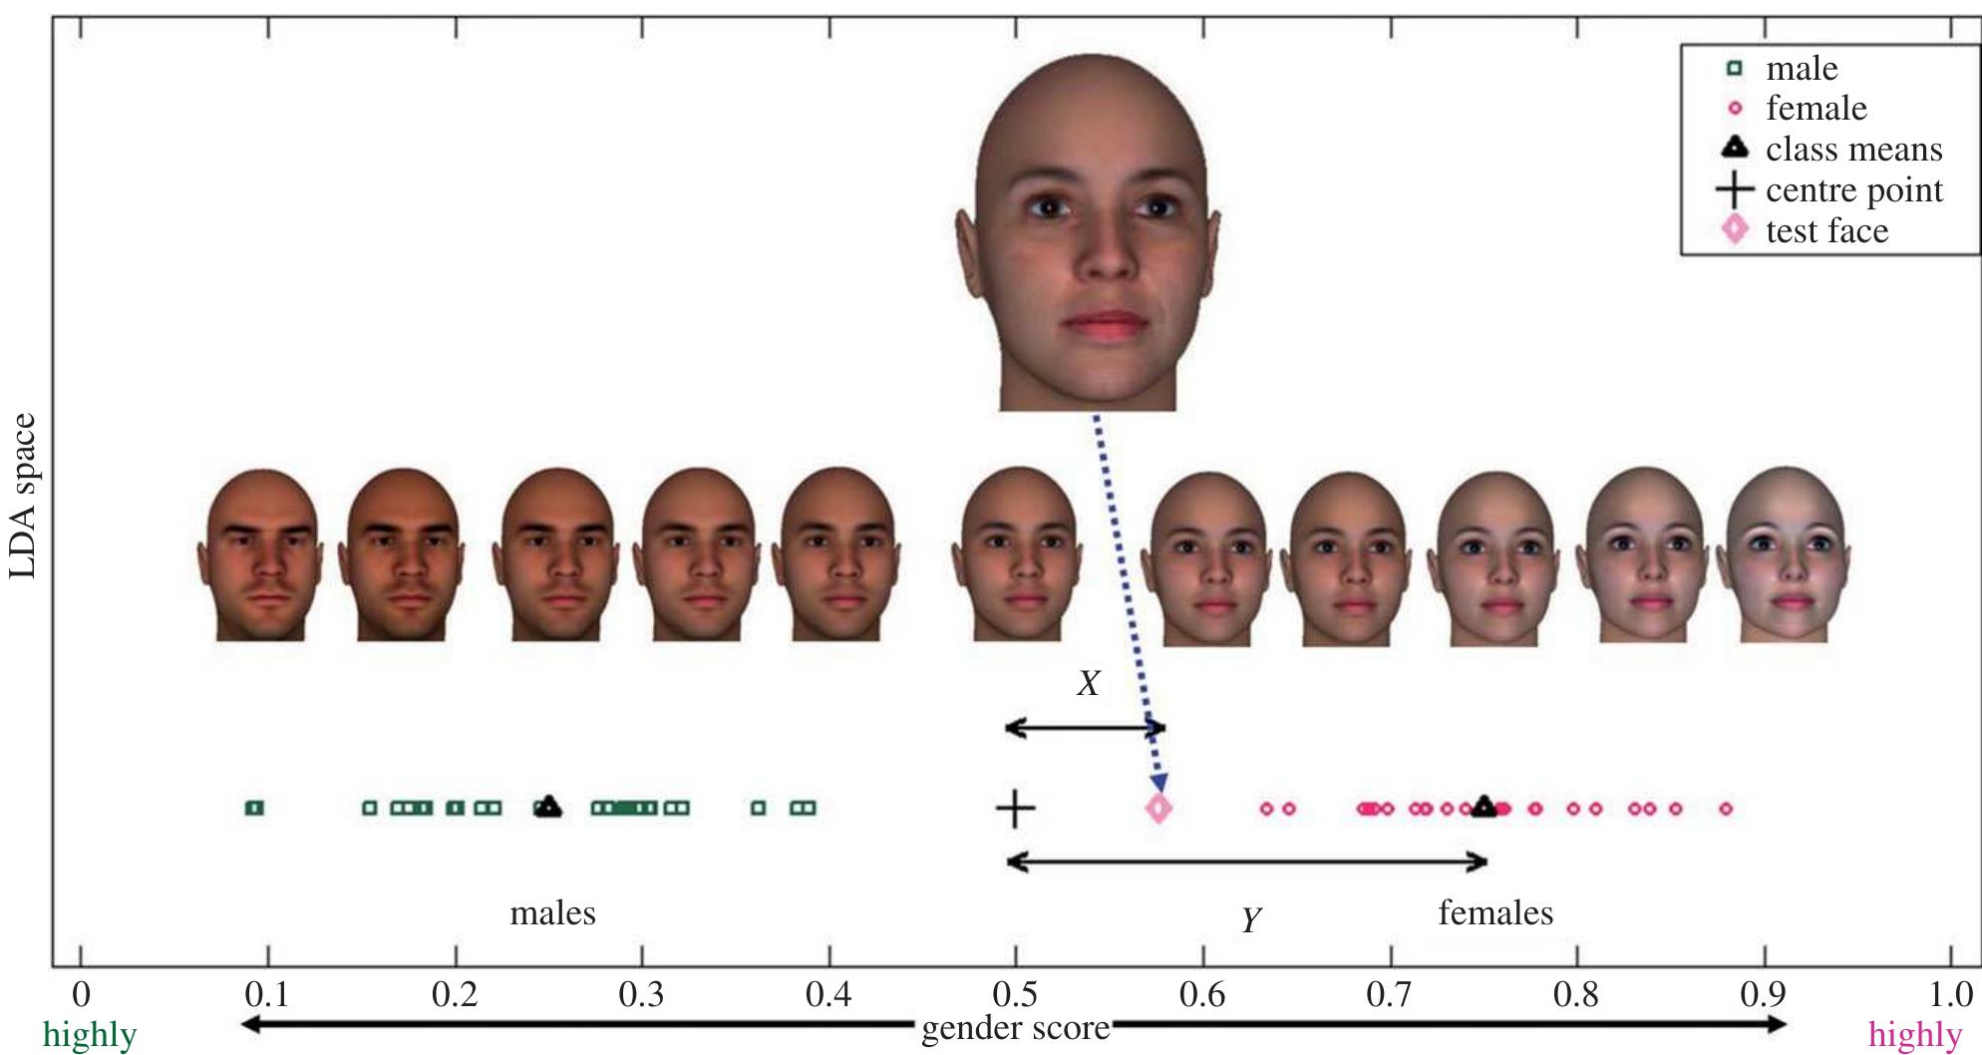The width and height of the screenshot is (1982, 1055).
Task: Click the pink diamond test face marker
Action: pyautogui.click(x=1157, y=808)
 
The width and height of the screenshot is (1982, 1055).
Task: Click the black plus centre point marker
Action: pyautogui.click(x=1015, y=808)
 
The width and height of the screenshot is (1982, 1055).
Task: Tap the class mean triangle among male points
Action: pyautogui.click(x=547, y=807)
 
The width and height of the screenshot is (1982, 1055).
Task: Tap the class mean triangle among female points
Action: pyautogui.click(x=1485, y=807)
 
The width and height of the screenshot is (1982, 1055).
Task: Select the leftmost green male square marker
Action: pyautogui.click(x=254, y=808)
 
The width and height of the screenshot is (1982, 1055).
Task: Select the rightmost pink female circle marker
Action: pyautogui.click(x=1726, y=809)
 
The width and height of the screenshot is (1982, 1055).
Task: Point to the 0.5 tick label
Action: pyautogui.click(x=1015, y=994)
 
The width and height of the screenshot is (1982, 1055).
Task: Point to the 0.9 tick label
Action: pyautogui.click(x=1764, y=994)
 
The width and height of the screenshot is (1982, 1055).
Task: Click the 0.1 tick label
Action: pyautogui.click(x=266, y=994)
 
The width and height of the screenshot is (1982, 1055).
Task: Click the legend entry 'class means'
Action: pyautogui.click(x=1853, y=150)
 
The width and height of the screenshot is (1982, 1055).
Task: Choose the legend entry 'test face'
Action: pyautogui.click(x=1826, y=231)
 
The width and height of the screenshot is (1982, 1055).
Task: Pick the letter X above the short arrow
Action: pyautogui.click(x=1088, y=684)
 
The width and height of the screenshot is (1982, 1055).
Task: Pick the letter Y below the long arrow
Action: pyautogui.click(x=1251, y=918)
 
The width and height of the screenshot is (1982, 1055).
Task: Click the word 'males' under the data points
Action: pyautogui.click(x=552, y=913)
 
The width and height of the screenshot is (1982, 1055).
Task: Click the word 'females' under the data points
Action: pyautogui.click(x=1495, y=913)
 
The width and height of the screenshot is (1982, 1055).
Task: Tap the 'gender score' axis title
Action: pyautogui.click(x=1015, y=1028)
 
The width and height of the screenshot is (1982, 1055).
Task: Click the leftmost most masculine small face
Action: pyautogui.click(x=261, y=555)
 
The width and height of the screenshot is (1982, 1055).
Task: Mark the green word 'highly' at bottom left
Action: pyautogui.click(x=90, y=1035)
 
